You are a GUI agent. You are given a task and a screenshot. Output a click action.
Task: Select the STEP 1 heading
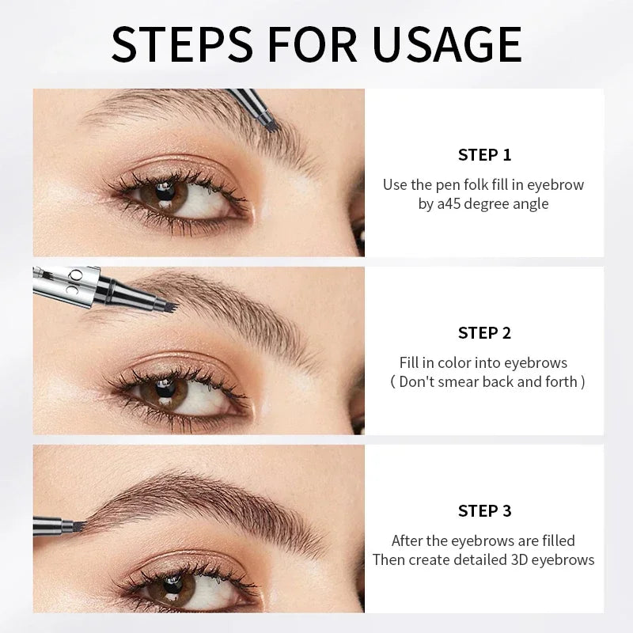tap(484, 154)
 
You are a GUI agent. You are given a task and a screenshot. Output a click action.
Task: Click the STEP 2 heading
tap(484, 333)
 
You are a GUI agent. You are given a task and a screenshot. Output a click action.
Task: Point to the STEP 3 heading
tap(484, 511)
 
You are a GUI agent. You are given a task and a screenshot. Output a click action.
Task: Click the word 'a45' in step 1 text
tap(449, 203)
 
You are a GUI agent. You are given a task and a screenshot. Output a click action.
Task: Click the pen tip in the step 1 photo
tap(269, 123)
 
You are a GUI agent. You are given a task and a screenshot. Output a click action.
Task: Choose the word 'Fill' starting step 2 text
tap(409, 362)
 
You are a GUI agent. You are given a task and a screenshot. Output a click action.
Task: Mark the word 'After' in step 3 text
tap(409, 540)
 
